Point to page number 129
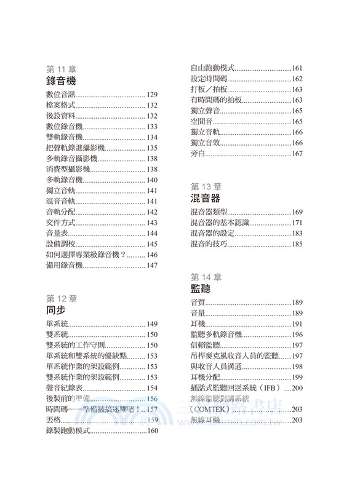[x=153, y=95]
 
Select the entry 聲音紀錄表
[x=64, y=387]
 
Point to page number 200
[x=298, y=388]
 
